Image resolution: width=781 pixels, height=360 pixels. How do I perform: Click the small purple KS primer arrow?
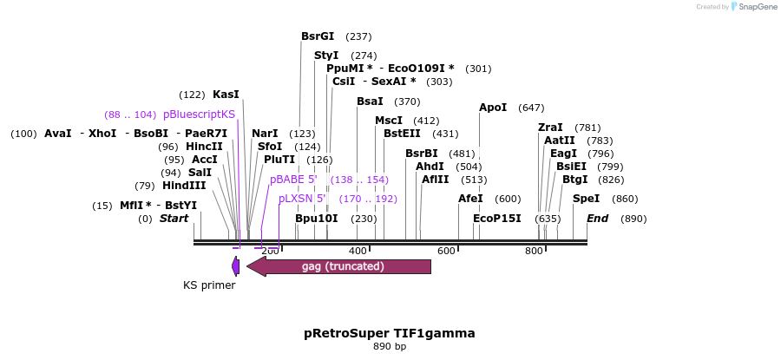click(236, 266)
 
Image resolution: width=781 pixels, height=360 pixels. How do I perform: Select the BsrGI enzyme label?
click(318, 36)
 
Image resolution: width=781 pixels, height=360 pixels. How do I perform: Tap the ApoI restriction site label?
click(493, 108)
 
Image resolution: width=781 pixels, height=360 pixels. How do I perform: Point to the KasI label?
click(226, 95)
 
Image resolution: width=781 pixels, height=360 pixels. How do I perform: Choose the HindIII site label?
click(184, 186)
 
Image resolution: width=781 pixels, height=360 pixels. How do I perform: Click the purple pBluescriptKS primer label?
click(199, 115)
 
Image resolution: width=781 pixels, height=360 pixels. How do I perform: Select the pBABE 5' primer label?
click(293, 180)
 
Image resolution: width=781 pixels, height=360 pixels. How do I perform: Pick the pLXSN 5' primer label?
click(302, 199)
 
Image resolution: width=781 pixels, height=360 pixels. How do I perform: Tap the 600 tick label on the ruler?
click(446, 251)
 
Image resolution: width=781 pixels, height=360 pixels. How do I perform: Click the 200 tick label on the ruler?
click(270, 251)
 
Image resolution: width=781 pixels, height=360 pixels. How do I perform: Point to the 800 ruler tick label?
click(535, 251)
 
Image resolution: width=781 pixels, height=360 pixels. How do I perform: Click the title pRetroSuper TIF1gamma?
click(390, 333)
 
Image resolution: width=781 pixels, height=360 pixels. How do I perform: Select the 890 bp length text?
click(390, 347)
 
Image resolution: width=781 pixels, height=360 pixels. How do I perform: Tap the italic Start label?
click(174, 219)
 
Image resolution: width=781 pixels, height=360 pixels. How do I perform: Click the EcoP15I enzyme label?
click(497, 219)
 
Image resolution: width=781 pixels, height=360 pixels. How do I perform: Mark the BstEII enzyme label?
click(402, 134)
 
